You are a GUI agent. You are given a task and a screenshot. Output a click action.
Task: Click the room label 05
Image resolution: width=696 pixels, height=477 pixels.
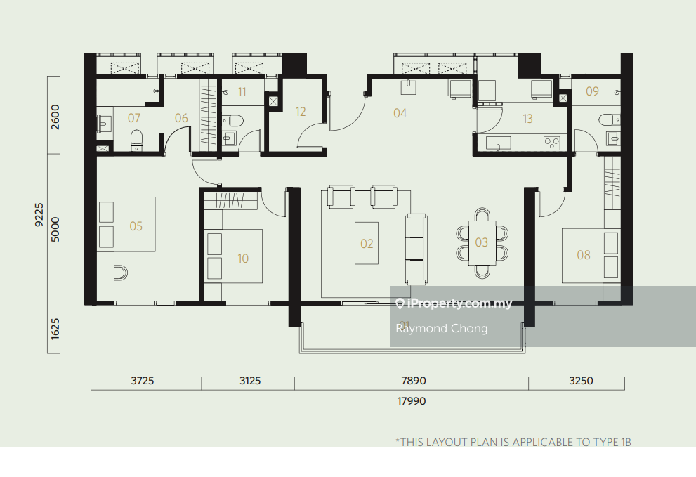pyautogui.click(x=136, y=226)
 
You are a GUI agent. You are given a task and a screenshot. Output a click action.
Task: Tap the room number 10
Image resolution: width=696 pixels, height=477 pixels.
pyautogui.click(x=243, y=258)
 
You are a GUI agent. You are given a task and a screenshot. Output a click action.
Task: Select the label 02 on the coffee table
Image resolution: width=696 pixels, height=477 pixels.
pyautogui.click(x=367, y=243)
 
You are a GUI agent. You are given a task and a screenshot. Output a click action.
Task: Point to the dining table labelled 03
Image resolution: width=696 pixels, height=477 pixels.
pyautogui.click(x=482, y=242)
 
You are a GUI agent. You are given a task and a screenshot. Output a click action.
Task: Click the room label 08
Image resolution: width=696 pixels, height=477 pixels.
pyautogui.click(x=583, y=254)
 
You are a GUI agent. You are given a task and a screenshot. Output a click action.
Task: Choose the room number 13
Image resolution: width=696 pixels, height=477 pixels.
pyautogui.click(x=527, y=119)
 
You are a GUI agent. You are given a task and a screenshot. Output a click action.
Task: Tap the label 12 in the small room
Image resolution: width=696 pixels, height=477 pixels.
pyautogui.click(x=301, y=112)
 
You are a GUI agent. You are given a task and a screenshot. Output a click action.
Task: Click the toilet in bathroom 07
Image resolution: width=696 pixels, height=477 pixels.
pyautogui.click(x=137, y=140)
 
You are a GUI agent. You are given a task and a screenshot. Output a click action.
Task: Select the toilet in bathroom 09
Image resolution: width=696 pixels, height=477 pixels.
pyautogui.click(x=608, y=120)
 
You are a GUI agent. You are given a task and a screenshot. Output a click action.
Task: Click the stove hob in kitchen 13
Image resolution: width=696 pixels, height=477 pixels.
pyautogui.click(x=552, y=143)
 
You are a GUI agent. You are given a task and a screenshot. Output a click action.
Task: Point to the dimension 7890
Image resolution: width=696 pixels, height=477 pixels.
pyautogui.click(x=413, y=381)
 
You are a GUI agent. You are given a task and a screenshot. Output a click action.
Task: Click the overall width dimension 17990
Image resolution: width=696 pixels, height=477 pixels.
pyautogui.click(x=412, y=401)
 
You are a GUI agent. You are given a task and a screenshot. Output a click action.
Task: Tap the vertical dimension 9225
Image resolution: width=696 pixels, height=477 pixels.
pyautogui.click(x=39, y=215)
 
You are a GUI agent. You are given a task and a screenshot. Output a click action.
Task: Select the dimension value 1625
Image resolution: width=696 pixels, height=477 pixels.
pyautogui.click(x=55, y=329)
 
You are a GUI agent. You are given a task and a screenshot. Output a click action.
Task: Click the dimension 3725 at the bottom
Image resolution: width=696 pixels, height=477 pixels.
pyautogui.click(x=142, y=381)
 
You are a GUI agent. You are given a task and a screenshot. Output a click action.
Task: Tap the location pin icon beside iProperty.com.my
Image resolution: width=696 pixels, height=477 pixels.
pyautogui.click(x=400, y=303)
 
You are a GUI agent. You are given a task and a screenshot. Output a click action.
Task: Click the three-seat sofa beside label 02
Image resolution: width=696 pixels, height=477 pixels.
pyautogui.click(x=416, y=249)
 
